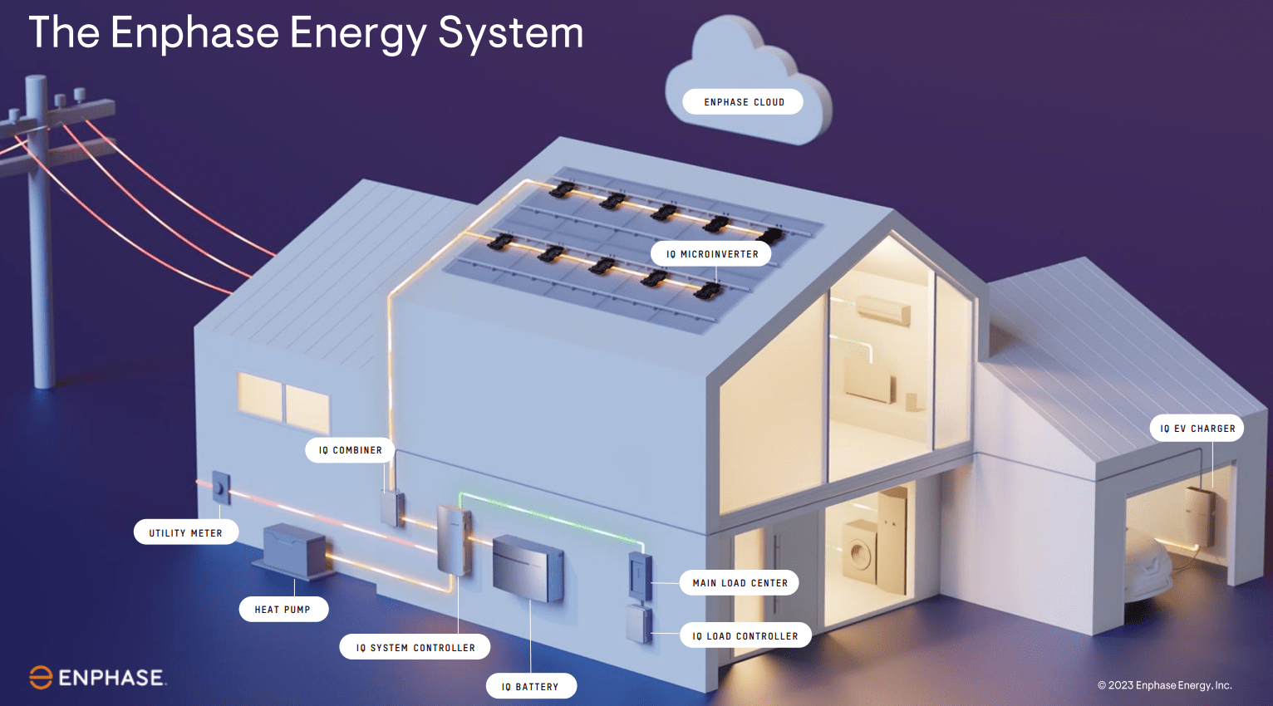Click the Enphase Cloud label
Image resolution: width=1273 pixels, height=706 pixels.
point(743,102)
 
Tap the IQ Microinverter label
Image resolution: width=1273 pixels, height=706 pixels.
point(711,254)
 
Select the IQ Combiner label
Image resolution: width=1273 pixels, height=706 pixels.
point(350,450)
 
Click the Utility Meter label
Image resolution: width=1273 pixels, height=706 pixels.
point(185,532)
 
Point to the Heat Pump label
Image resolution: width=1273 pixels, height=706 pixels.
point(283,610)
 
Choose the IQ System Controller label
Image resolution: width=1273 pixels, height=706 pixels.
point(415,647)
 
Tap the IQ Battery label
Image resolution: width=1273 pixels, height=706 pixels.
point(530,686)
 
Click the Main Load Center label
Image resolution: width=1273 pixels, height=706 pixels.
point(740,583)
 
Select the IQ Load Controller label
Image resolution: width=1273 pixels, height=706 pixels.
point(745,636)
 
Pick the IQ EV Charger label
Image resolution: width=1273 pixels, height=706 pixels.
point(1197,429)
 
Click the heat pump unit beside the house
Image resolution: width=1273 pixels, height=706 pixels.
point(295,549)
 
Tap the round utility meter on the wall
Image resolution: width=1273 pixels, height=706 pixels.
point(220,488)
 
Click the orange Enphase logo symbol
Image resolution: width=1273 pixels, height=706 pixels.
point(41,678)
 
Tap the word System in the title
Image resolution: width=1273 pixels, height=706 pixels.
point(510,33)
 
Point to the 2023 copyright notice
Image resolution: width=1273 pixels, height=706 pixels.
point(1164,685)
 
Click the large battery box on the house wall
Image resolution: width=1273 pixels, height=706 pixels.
point(528,567)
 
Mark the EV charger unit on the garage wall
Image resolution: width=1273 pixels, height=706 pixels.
point(1199,515)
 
